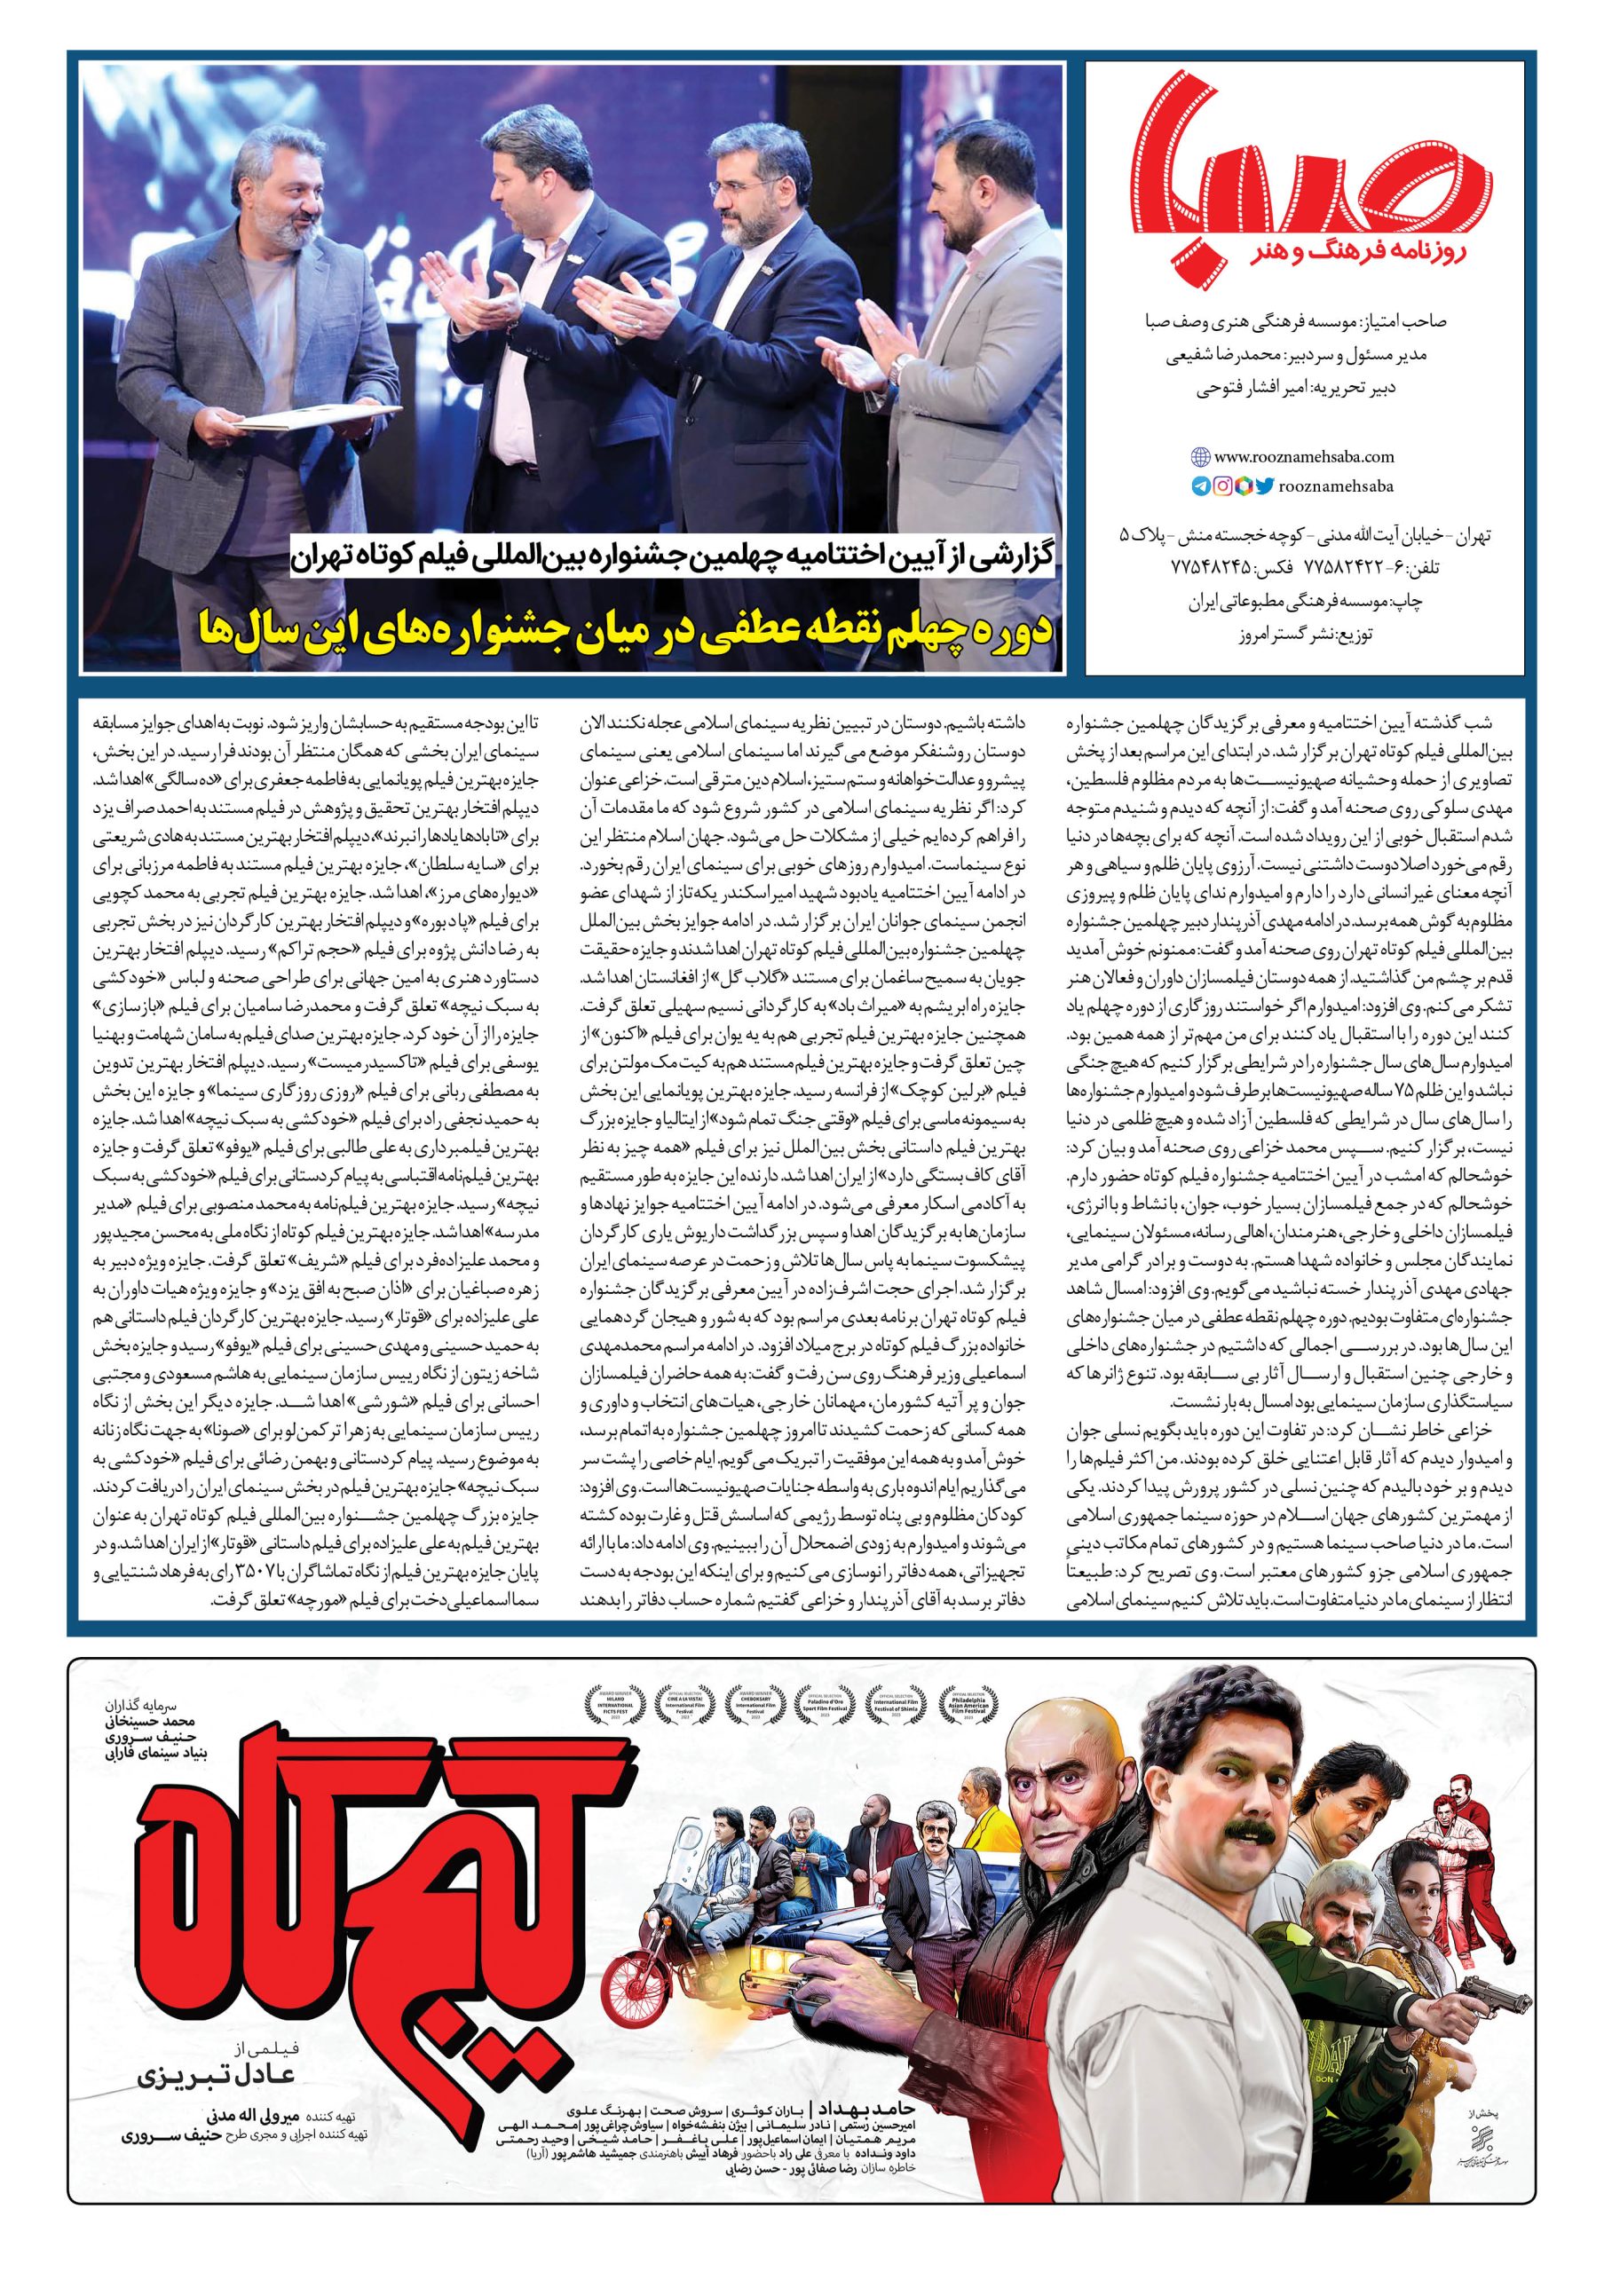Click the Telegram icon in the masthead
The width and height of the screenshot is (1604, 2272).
tap(1200, 485)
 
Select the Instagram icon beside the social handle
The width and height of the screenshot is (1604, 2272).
tap(1223, 485)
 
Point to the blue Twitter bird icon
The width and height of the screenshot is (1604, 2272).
tap(1265, 485)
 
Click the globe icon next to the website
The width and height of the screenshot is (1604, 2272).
tap(1200, 457)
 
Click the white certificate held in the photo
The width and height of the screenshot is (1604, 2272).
tap(284, 421)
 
